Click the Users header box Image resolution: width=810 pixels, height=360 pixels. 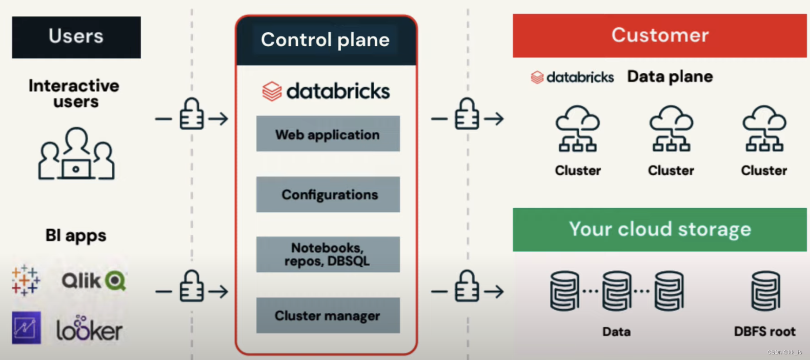click(x=76, y=37)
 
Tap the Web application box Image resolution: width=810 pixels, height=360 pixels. click(x=328, y=134)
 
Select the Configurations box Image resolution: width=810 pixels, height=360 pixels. click(x=328, y=194)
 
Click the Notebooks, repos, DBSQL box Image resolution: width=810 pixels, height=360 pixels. click(x=328, y=254)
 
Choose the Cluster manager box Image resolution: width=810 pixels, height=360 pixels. click(x=328, y=315)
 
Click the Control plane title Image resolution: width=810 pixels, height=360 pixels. click(x=325, y=40)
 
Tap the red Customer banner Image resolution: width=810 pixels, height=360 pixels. click(x=659, y=35)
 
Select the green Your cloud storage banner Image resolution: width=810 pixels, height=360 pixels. click(x=659, y=229)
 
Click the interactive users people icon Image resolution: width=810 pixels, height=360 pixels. click(x=76, y=154)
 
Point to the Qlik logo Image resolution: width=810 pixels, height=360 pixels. click(x=94, y=281)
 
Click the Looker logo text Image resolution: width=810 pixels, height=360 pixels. click(x=89, y=329)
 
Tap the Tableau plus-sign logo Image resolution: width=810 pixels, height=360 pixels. click(x=25, y=281)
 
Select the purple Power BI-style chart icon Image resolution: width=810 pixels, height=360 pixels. click(x=26, y=328)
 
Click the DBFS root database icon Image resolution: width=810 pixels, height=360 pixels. click(x=765, y=291)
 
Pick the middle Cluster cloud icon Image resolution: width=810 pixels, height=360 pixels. click(x=671, y=129)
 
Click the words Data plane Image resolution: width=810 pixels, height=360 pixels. click(x=670, y=76)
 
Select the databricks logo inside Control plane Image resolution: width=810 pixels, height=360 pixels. click(x=326, y=91)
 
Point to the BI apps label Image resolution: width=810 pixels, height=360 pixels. click(x=76, y=235)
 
